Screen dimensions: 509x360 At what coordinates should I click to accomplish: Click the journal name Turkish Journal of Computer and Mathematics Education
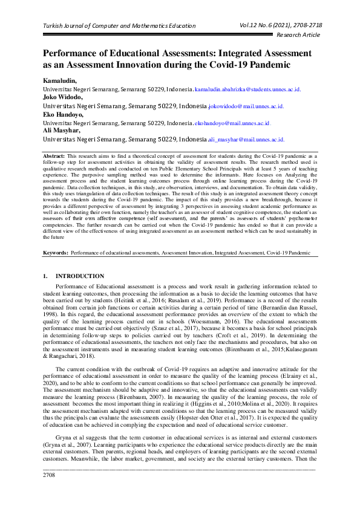click(x=119, y=26)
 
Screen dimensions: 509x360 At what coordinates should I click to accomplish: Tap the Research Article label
click(x=298, y=36)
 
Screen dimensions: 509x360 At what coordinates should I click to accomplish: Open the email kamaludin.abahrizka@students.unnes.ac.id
click(x=247, y=89)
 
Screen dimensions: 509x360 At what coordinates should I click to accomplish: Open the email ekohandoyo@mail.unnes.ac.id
click(x=232, y=123)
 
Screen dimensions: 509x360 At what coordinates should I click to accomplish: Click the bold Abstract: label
click(x=54, y=156)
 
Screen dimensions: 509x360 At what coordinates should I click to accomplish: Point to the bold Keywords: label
click(x=56, y=251)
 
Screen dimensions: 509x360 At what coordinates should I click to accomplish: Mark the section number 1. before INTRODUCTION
click(x=45, y=276)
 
